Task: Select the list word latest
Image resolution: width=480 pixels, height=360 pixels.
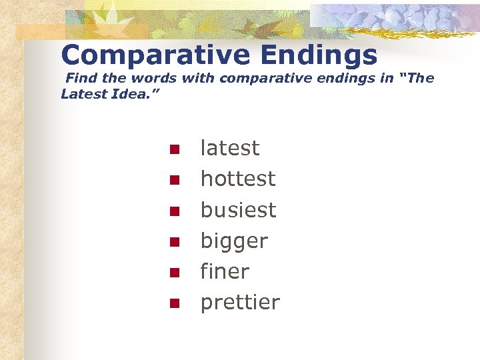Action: [230, 148]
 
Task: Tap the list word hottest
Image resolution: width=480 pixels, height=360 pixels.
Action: [237, 179]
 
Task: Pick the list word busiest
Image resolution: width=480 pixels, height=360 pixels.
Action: [238, 210]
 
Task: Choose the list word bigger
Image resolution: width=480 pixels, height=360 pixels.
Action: [234, 241]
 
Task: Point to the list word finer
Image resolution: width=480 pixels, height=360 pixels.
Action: [225, 271]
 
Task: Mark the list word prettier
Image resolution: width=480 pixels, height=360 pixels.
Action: [240, 303]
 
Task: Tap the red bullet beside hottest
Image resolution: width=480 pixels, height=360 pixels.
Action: [173, 180]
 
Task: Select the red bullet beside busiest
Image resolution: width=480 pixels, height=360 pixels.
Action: [173, 211]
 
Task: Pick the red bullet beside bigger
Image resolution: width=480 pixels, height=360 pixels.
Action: [173, 242]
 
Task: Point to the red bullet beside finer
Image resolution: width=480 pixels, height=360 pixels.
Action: [173, 273]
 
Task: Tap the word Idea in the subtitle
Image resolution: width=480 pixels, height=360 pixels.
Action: [128, 94]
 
